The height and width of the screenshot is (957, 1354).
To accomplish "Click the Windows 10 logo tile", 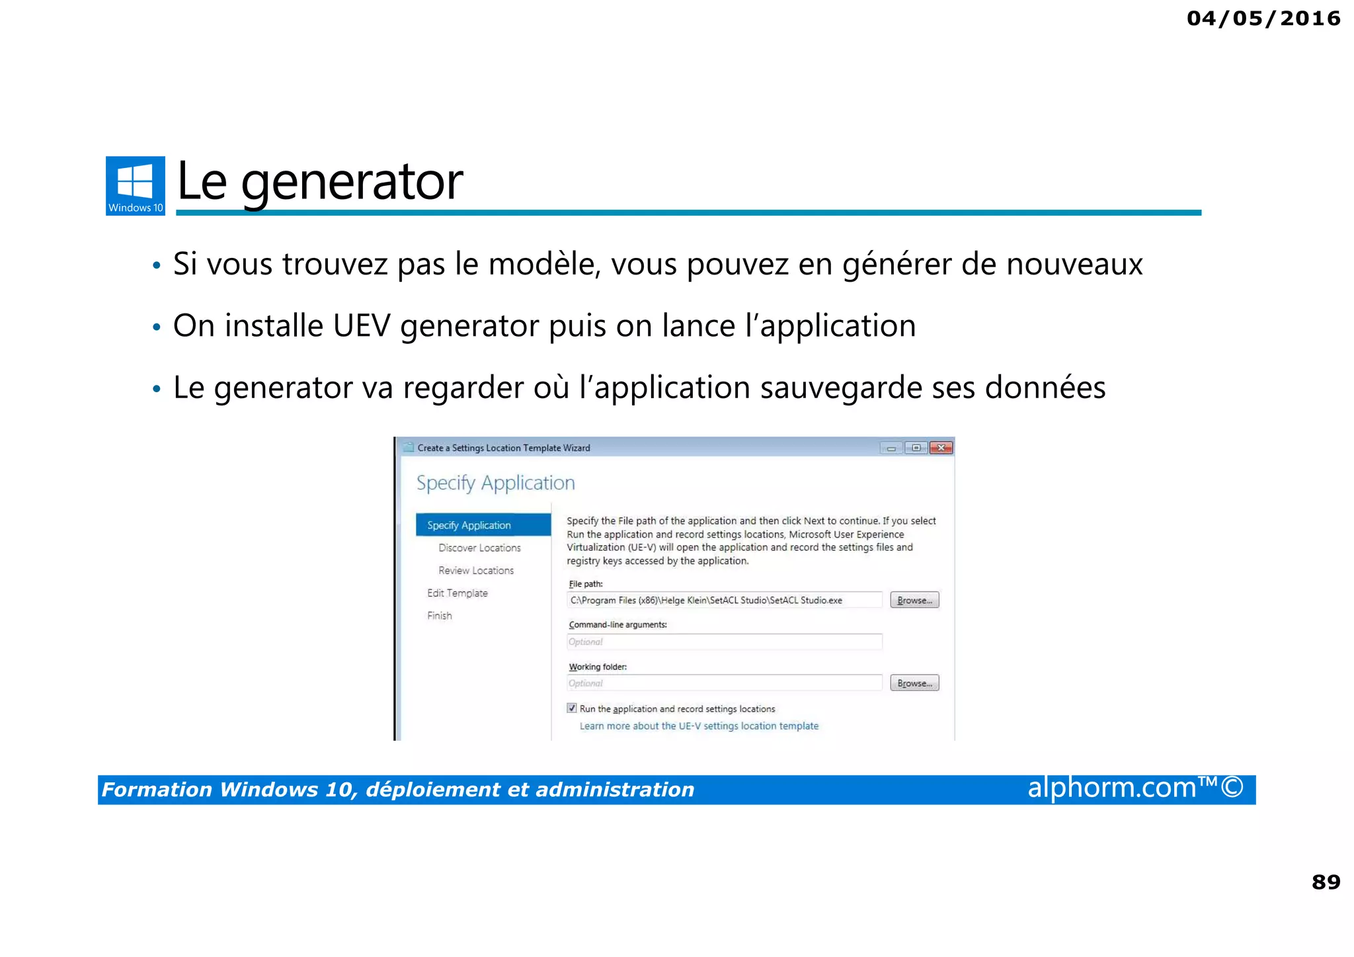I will pos(135,185).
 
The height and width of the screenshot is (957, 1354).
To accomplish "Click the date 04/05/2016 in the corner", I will pos(1263,19).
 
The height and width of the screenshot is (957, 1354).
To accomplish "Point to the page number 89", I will pos(1326,882).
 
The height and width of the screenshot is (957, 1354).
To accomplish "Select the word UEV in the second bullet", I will pos(362,326).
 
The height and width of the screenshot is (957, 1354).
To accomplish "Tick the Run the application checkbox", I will pos(572,708).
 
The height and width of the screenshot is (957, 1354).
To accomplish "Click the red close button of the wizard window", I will pos(941,448).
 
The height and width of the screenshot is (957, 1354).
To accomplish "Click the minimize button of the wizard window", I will pos(891,448).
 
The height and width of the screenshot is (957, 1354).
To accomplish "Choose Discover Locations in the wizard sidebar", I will pos(479,548).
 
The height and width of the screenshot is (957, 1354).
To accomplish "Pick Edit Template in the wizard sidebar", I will pos(457,593).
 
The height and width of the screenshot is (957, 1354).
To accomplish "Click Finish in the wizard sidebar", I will pos(440,616).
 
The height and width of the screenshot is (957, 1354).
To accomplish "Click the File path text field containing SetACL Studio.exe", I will pos(724,601).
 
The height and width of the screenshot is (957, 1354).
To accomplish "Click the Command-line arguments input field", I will pos(724,642).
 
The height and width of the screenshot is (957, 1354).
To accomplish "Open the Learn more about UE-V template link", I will pos(699,726).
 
